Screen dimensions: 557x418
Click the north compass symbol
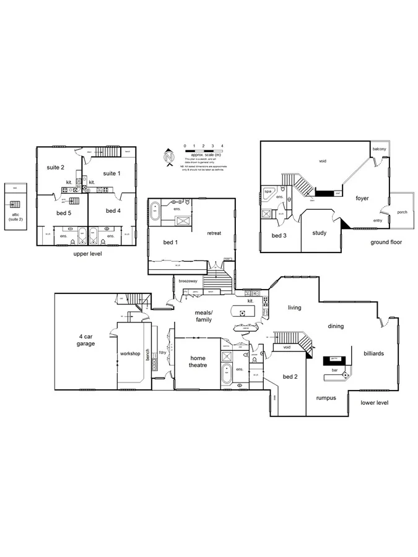click(x=168, y=157)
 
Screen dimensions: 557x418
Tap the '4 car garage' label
click(x=85, y=340)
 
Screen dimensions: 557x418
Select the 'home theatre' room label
click(x=198, y=361)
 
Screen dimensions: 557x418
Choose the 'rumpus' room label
click(x=326, y=398)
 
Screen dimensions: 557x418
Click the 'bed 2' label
click(x=290, y=376)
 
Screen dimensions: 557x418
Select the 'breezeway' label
click(x=188, y=281)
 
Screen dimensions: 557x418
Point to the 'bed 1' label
click(x=169, y=242)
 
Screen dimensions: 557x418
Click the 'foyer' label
click(x=362, y=199)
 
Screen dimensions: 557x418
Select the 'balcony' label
click(x=379, y=149)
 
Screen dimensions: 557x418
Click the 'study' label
click(x=319, y=233)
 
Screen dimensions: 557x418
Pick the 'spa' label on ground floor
click(x=268, y=192)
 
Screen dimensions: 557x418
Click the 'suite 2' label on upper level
click(x=56, y=167)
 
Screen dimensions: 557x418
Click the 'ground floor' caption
click(x=386, y=243)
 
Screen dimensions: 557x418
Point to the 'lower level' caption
click(x=375, y=402)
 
